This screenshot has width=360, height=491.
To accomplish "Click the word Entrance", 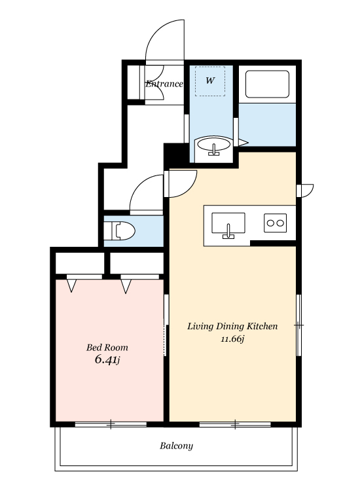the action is pyautogui.click(x=164, y=84).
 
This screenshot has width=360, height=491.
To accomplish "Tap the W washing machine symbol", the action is pyautogui.click(x=210, y=81).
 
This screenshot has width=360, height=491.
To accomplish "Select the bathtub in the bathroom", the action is pyautogui.click(x=267, y=84).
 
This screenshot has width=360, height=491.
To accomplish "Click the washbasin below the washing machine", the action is pyautogui.click(x=214, y=147).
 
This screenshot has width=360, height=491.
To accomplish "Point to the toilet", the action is pyautogui.click(x=124, y=231).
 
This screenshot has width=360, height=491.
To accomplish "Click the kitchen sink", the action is pyautogui.click(x=228, y=225).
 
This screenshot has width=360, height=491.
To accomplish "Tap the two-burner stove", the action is pyautogui.click(x=275, y=223).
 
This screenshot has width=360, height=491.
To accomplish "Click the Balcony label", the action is pyautogui.click(x=176, y=446).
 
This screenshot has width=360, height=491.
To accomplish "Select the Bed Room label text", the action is pyautogui.click(x=107, y=347).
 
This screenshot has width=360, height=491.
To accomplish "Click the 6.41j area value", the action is pyautogui.click(x=107, y=360).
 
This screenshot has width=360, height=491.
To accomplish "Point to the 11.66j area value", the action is pyautogui.click(x=232, y=339).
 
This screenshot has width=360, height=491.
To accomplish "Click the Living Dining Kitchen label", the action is pyautogui.click(x=232, y=326).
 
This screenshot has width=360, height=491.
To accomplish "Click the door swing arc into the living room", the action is pyautogui.click(x=189, y=189).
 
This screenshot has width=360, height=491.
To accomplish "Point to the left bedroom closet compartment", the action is pyautogui.click(x=80, y=263).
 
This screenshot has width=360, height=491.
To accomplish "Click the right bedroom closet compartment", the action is pyautogui.click(x=137, y=263).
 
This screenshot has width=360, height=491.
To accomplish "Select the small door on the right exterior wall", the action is pyautogui.click(x=305, y=191).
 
